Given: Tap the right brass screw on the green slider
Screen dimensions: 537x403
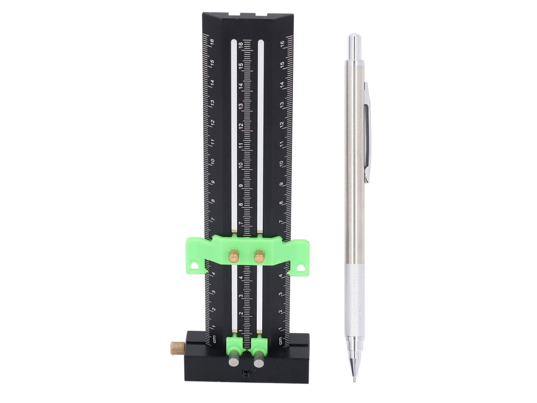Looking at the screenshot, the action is pos(259,256).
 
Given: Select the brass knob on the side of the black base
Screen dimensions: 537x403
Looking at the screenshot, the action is pos(177,348).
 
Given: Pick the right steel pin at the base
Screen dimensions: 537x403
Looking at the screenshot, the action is pos(259,362).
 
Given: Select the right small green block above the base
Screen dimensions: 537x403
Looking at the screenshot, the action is pos(259,344).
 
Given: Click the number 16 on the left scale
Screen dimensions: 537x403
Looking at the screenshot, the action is pos(212,42).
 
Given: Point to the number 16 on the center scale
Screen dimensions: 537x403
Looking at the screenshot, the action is pos(241,45).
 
